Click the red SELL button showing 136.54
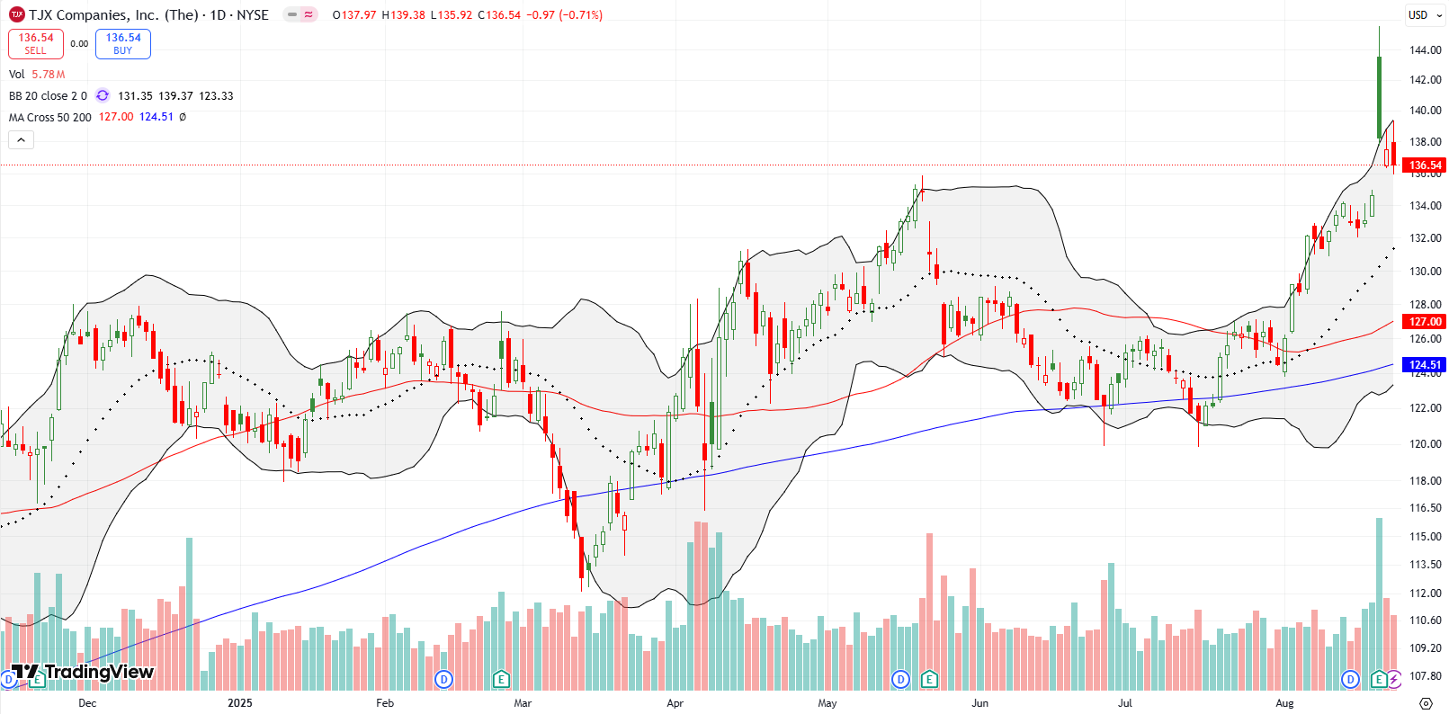(x=35, y=43)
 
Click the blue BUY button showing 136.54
(x=123, y=43)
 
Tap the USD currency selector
(x=1424, y=14)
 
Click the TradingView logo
(x=83, y=672)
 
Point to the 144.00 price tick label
(x=1426, y=50)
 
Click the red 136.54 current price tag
(x=1425, y=165)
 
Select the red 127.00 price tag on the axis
(x=1425, y=321)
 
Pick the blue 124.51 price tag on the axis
(x=1425, y=365)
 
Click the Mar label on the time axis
(x=523, y=703)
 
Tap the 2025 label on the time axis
(x=240, y=703)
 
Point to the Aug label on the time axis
(x=1284, y=703)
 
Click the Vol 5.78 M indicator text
(x=37, y=75)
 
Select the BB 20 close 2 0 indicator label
(x=48, y=96)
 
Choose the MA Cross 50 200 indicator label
(x=50, y=117)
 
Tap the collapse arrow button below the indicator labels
(x=21, y=139)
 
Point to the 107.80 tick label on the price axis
(x=1426, y=675)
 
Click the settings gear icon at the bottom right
(x=1426, y=702)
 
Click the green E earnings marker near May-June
(x=929, y=679)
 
